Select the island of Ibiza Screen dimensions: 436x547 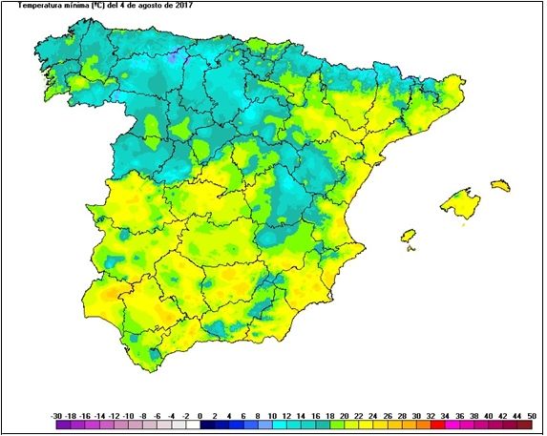pos(409,235)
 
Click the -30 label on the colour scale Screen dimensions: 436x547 pos(55,416)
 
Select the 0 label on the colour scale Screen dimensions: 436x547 pos(200,416)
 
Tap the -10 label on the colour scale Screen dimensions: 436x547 pos(128,416)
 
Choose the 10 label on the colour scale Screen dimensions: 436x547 pos(272,416)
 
